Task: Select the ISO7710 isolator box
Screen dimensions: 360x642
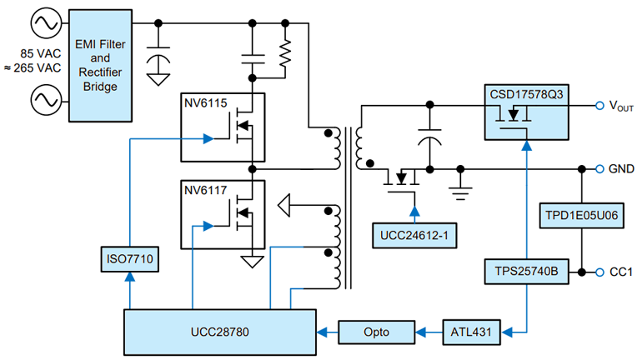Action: click(x=127, y=260)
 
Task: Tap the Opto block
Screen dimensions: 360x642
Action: click(x=379, y=332)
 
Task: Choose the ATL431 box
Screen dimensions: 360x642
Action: click(x=469, y=332)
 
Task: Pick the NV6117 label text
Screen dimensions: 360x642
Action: click(x=206, y=190)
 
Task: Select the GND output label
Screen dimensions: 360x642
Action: click(x=620, y=168)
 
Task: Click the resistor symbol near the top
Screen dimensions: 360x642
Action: click(x=285, y=57)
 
